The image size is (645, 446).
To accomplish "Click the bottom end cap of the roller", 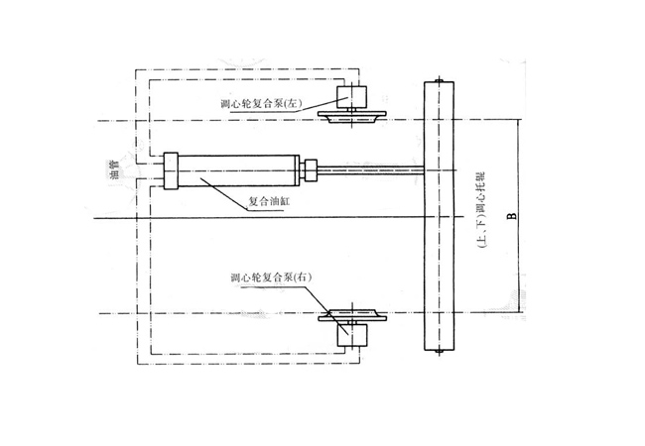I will point(438,350).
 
